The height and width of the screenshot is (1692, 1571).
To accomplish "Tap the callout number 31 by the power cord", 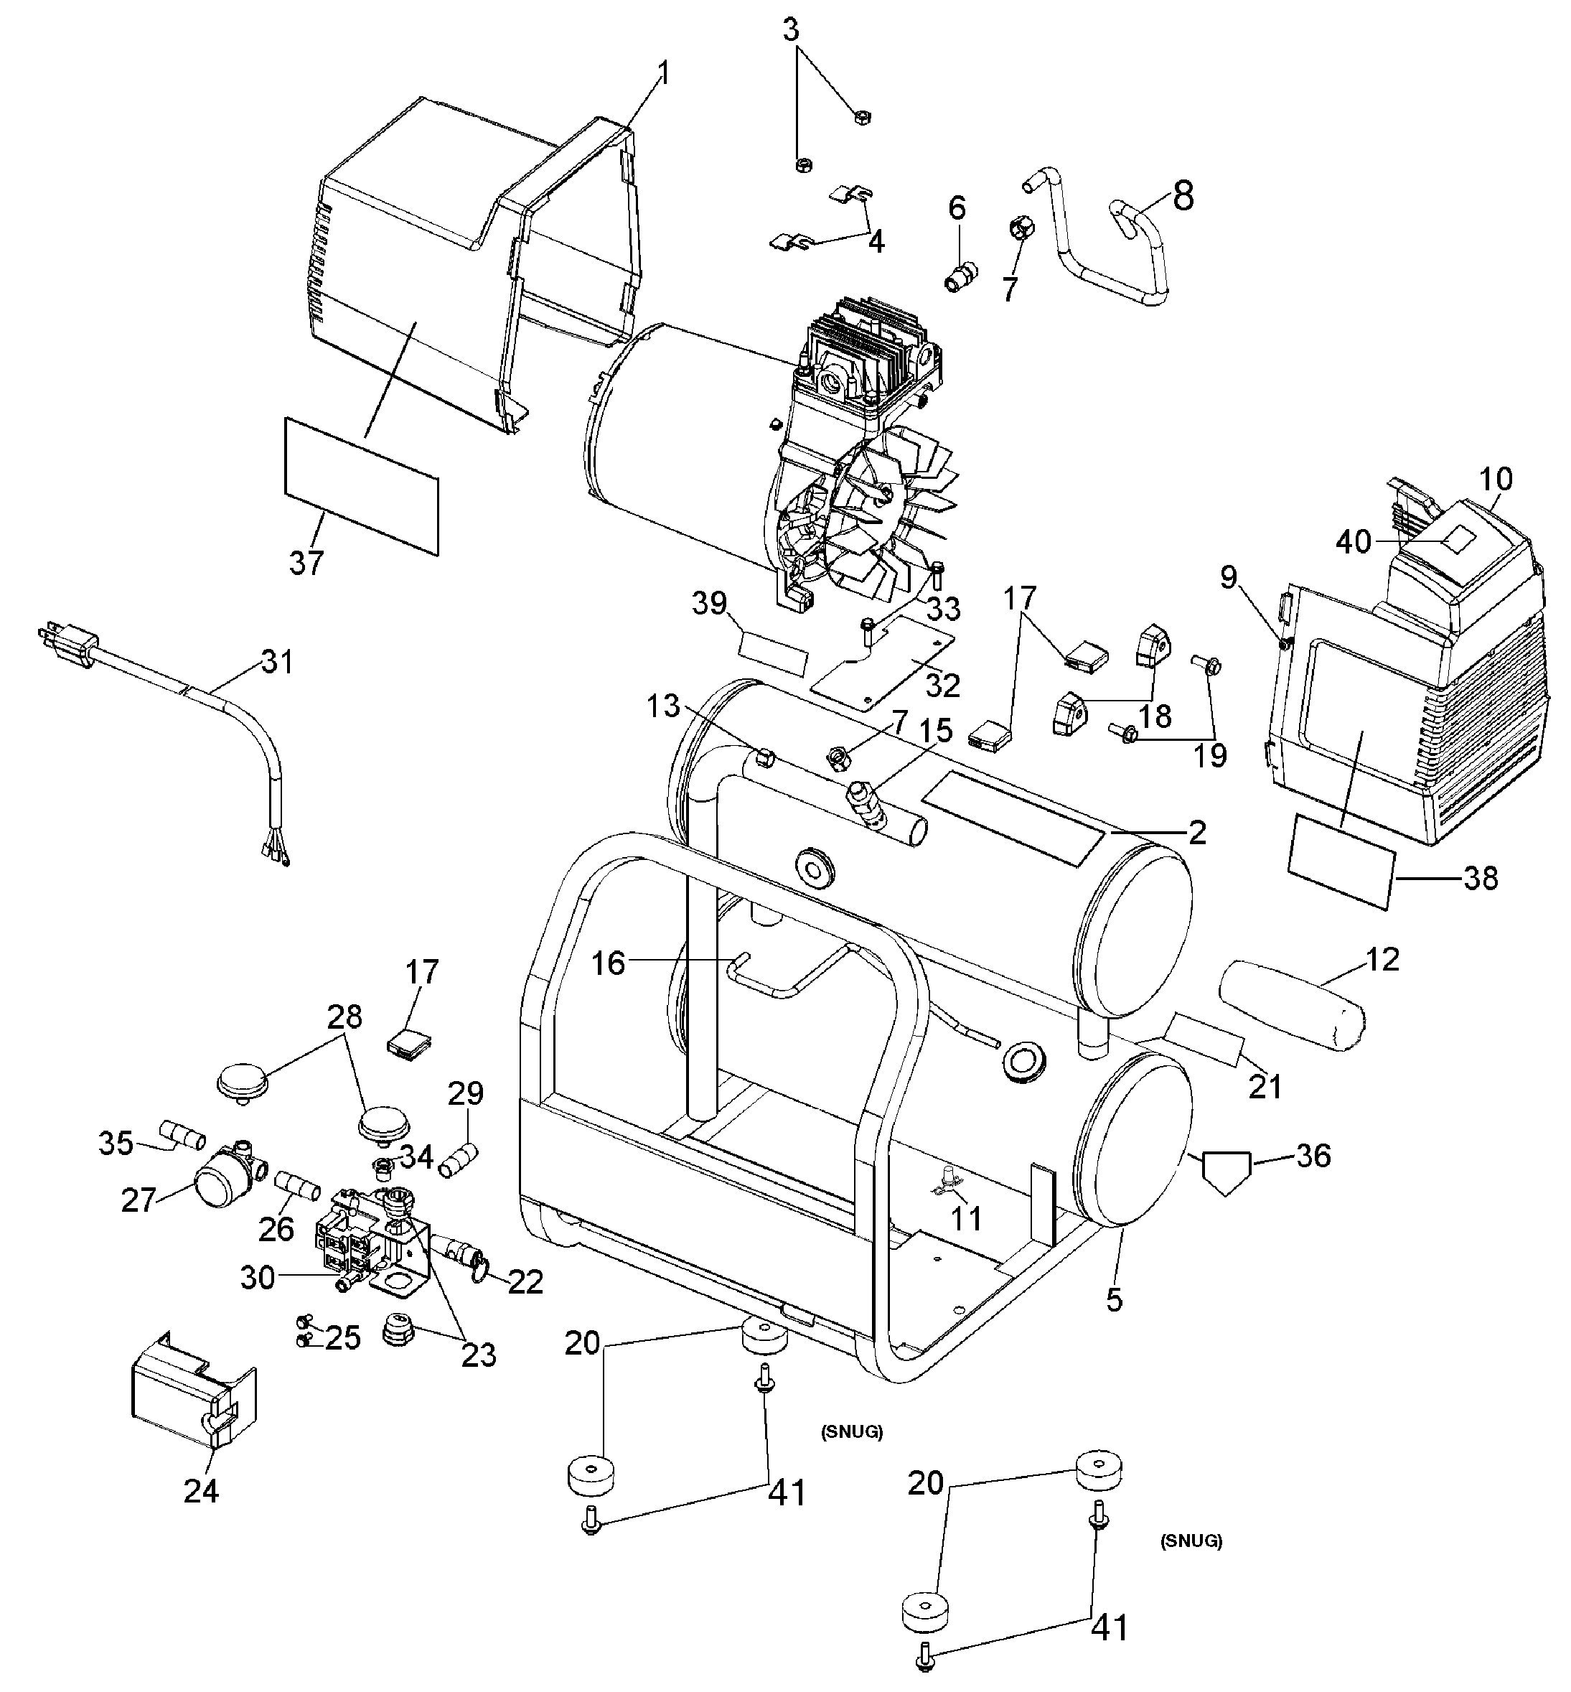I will click(277, 660).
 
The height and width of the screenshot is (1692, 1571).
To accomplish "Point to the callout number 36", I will click(1313, 1156).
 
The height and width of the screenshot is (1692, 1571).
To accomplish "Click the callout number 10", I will click(1496, 480).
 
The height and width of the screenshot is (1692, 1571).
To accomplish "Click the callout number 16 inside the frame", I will click(609, 963).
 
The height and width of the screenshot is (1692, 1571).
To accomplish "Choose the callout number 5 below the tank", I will click(1115, 1299).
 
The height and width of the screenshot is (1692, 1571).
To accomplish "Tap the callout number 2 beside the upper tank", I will click(1197, 833).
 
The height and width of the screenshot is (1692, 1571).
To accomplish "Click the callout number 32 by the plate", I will click(943, 686).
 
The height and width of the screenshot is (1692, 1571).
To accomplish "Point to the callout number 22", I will click(525, 1281).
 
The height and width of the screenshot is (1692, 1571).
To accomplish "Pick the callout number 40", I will click(1354, 541).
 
